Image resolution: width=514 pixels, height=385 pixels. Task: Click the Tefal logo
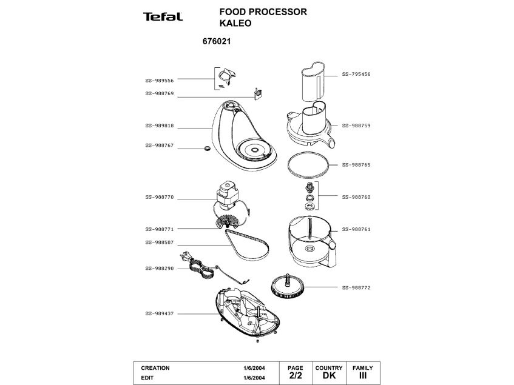163,16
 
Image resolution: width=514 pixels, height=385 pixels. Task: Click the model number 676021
214,42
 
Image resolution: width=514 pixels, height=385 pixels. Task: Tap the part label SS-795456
356,74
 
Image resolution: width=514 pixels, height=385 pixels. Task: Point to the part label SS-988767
160,146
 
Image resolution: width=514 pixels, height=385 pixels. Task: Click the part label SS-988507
160,243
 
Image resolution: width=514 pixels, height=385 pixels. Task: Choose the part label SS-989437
160,313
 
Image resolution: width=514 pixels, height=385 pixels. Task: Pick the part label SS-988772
356,287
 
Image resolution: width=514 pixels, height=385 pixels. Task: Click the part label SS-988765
356,164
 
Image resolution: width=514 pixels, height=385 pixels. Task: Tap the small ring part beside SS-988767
206,148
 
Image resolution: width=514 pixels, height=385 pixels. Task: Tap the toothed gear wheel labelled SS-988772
286,286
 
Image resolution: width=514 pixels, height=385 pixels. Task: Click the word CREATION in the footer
155,368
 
